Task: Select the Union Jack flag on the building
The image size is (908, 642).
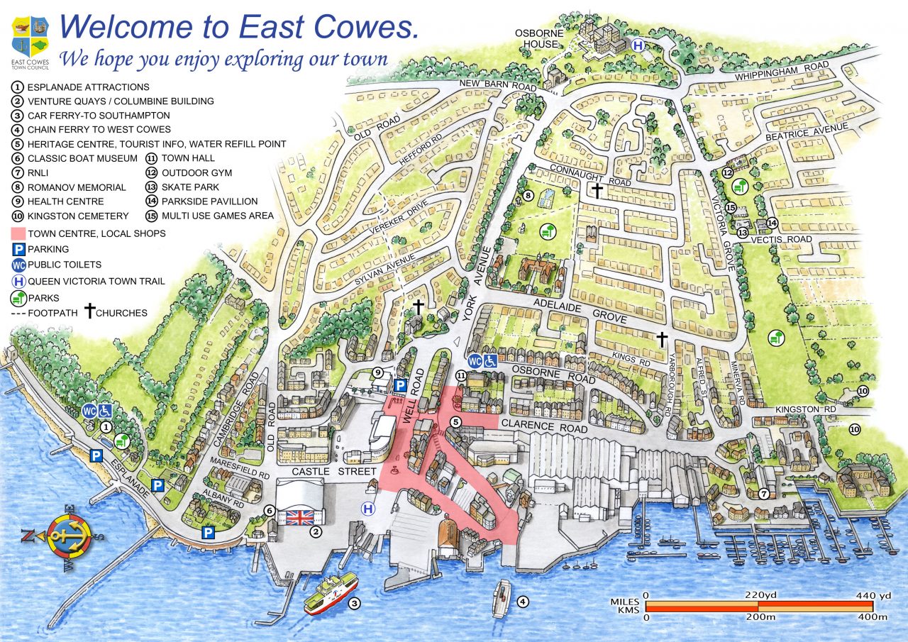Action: click(x=299, y=516)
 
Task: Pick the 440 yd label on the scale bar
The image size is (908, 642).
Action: click(x=874, y=595)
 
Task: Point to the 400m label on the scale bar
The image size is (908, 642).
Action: click(x=872, y=617)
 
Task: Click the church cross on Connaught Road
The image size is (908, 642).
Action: click(x=597, y=190)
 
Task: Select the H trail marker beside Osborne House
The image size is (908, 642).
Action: click(x=638, y=45)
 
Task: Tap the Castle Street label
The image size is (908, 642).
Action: click(x=326, y=472)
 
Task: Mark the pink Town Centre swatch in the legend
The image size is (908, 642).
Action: click(x=18, y=233)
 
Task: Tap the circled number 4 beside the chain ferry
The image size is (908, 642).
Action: click(x=523, y=602)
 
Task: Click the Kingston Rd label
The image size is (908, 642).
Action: click(x=806, y=410)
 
